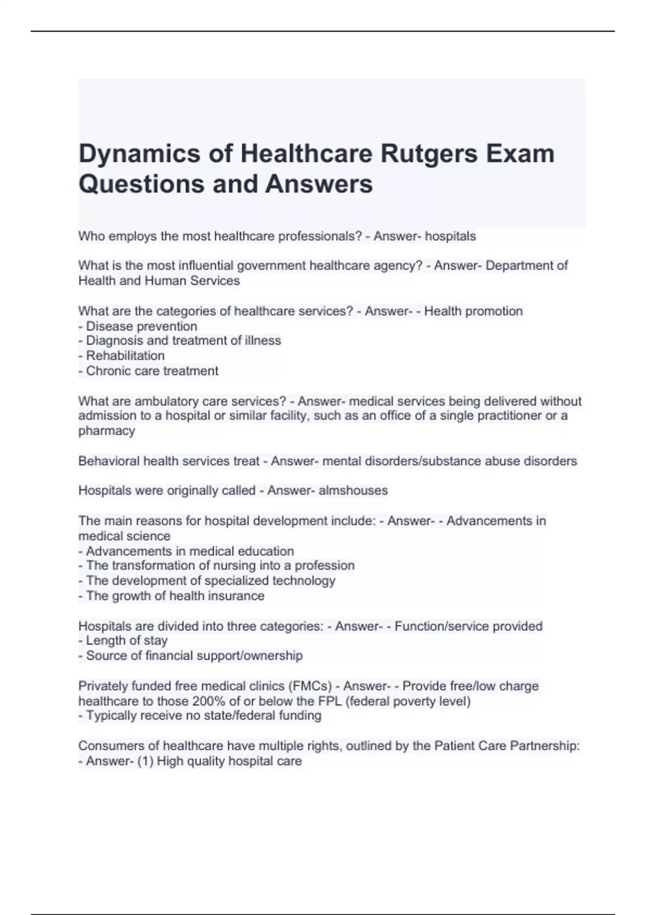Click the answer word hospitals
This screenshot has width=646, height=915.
point(451,236)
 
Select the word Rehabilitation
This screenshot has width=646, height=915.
point(125,356)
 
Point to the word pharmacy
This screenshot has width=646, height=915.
point(107,431)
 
